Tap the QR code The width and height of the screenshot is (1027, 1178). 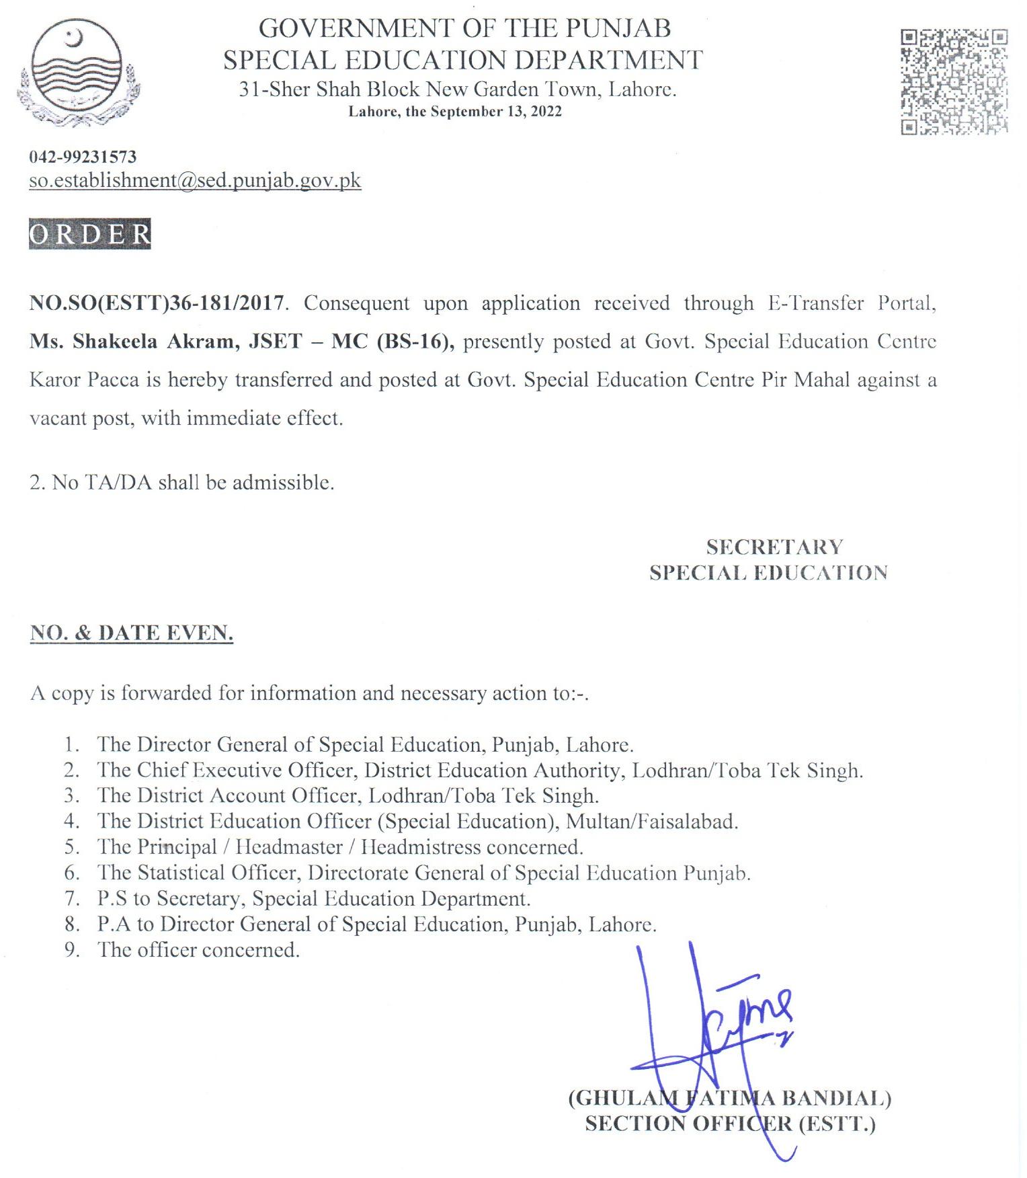click(953, 82)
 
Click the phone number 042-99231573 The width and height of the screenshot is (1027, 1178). click(83, 157)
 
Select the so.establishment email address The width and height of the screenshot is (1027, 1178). click(195, 180)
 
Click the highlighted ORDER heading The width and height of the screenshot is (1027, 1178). click(90, 234)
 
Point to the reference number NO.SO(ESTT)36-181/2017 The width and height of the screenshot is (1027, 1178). click(157, 303)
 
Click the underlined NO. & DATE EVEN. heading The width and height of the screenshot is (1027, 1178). click(132, 633)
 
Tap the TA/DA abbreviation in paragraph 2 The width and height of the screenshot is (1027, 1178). click(119, 483)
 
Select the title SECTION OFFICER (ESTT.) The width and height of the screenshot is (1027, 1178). click(730, 1124)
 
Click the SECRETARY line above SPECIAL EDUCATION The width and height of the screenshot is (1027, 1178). click(774, 547)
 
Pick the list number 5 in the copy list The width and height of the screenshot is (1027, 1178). click(72, 847)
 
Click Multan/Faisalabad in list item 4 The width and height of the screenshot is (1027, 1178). click(651, 822)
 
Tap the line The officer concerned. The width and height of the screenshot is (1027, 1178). click(198, 950)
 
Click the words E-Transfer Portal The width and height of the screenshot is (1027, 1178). click(851, 303)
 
